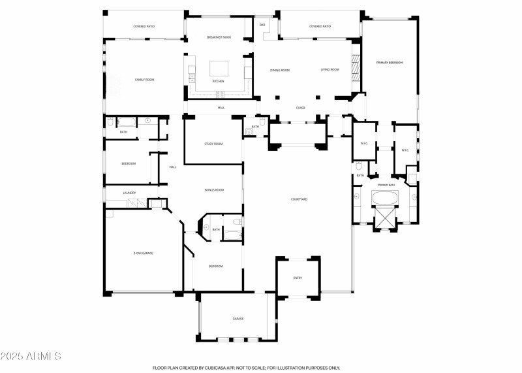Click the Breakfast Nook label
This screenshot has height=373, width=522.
point(219,37)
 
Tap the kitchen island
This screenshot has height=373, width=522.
point(219,68)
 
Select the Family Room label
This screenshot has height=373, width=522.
point(144,80)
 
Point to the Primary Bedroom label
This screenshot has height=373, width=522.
point(390,63)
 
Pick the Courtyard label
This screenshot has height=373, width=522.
point(299,199)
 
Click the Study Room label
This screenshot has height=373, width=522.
point(213,144)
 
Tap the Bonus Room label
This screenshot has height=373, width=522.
point(214,190)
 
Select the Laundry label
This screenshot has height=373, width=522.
point(129,193)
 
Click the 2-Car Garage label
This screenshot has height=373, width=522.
point(143,253)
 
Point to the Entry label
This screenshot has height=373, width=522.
point(298,278)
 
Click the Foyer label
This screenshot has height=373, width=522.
point(300,107)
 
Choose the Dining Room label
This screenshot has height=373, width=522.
point(280,70)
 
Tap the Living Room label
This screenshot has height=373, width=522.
point(330,70)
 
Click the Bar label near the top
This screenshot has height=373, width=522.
point(262,25)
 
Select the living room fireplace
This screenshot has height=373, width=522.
point(356,68)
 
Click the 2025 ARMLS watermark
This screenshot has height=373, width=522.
point(31,356)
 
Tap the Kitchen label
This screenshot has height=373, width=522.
point(218,82)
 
